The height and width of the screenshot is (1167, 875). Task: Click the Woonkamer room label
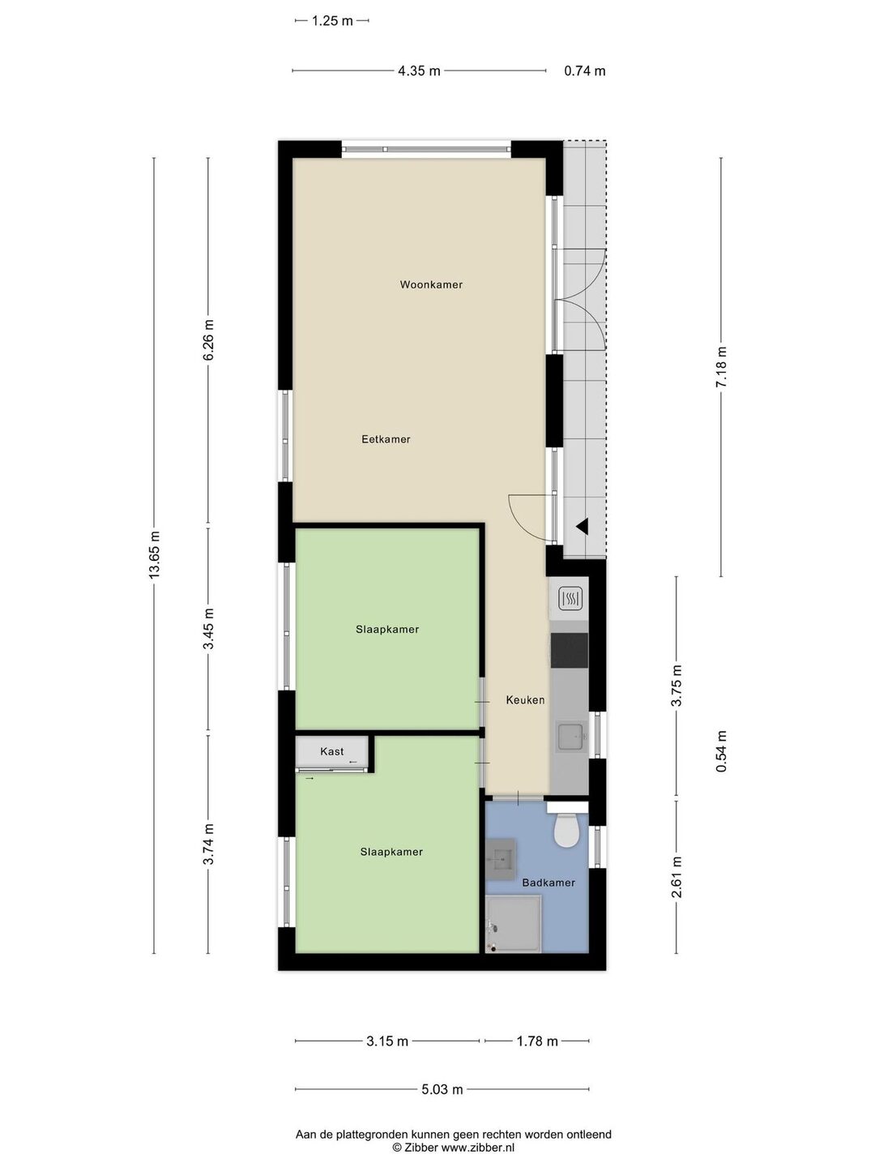[431, 284]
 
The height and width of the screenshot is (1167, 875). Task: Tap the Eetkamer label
[386, 439]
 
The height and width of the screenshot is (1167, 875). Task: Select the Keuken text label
[525, 699]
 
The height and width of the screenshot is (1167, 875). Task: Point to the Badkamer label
[548, 883]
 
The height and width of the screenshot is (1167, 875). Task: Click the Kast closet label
[331, 751]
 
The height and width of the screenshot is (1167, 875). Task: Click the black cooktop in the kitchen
[569, 650]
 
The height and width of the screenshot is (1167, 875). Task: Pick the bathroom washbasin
[501, 857]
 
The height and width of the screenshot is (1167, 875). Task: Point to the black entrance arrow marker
[583, 526]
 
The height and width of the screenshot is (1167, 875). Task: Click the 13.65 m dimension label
[154, 555]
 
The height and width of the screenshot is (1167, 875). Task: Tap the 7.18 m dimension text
[720, 367]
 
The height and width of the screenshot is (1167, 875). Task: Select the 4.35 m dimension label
[419, 71]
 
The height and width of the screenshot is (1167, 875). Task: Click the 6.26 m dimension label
[207, 340]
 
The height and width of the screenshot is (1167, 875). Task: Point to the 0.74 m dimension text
[584, 71]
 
